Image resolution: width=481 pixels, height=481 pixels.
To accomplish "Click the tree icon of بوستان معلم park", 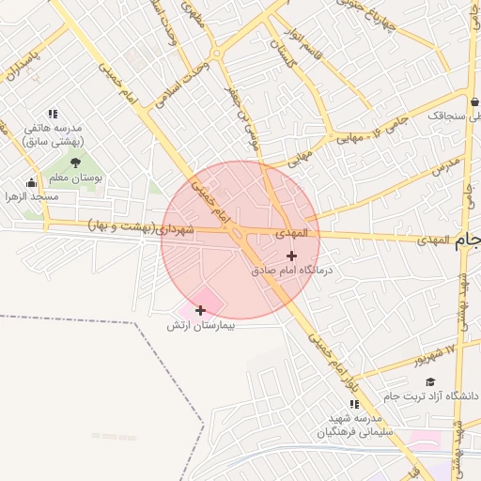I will click(x=75, y=163).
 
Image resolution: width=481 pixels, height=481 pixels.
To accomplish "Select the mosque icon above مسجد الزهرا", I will click(x=32, y=183).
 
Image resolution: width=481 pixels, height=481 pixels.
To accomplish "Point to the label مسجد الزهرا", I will click(x=33, y=196).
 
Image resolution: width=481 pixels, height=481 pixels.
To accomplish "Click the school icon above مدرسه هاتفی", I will click(x=53, y=114).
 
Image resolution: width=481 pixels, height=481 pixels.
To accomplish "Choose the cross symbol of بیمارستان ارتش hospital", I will click(x=200, y=310).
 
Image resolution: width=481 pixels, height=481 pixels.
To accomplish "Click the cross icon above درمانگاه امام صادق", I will click(x=292, y=256).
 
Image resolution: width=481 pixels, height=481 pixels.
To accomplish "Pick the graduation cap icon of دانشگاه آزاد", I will click(x=430, y=381).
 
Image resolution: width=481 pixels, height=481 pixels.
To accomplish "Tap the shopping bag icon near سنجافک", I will click(x=475, y=101).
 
